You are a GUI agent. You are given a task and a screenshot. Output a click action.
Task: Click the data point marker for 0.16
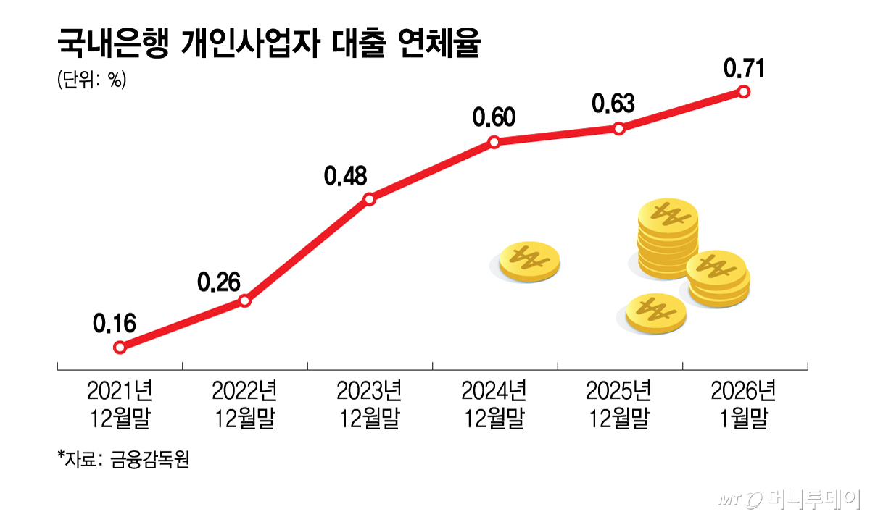point(120,348)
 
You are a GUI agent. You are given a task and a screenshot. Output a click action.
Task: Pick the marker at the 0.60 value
point(494,142)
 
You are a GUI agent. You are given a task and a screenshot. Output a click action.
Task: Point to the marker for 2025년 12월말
point(618,129)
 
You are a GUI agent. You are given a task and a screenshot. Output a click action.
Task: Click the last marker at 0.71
point(743,91)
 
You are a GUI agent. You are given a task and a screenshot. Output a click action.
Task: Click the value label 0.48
point(347,176)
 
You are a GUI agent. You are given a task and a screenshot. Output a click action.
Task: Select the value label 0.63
point(613,104)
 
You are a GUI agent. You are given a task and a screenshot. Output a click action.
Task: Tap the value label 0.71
point(745,68)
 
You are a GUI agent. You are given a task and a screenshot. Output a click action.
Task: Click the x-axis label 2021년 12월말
point(120,405)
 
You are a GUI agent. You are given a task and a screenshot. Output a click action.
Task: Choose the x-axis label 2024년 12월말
point(494,405)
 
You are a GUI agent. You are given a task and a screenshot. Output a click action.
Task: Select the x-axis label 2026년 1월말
point(743,405)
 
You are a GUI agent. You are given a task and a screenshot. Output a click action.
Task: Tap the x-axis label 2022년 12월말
point(245,405)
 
